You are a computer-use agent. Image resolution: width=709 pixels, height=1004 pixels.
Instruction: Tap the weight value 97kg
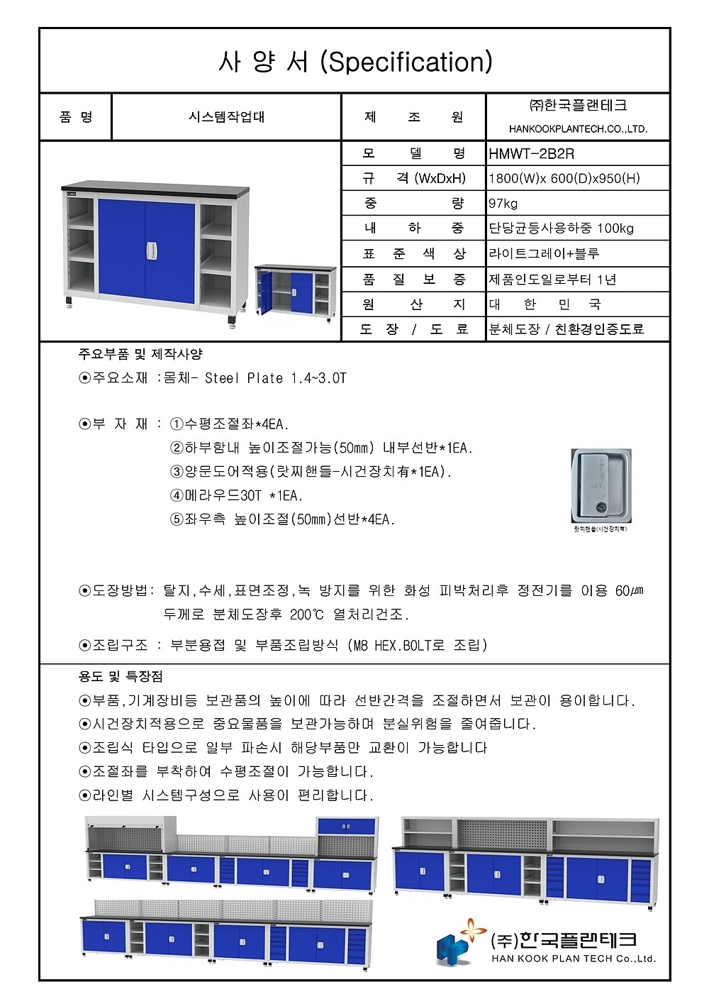pyautogui.click(x=503, y=204)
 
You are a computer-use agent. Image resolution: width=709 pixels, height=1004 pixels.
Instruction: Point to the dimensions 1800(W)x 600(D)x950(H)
pyautogui.click(x=564, y=178)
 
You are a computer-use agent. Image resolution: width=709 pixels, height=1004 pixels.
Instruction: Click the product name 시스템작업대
pyautogui.click(x=226, y=117)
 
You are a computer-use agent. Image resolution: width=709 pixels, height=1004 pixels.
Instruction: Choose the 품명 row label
pyautogui.click(x=76, y=117)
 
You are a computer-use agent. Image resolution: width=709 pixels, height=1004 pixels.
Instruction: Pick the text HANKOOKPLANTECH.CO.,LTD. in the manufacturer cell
pyautogui.click(x=578, y=129)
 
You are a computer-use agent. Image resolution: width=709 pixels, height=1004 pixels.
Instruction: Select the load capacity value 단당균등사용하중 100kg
pyautogui.click(x=562, y=228)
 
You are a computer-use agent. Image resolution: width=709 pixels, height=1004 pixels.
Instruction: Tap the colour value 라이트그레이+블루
pyautogui.click(x=544, y=253)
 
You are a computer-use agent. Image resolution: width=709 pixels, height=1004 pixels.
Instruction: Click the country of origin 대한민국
pyautogui.click(x=545, y=304)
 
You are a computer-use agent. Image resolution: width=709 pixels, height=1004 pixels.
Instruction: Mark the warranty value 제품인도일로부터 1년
pyautogui.click(x=552, y=280)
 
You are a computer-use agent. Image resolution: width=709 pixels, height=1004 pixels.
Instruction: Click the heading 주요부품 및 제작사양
pyautogui.click(x=140, y=354)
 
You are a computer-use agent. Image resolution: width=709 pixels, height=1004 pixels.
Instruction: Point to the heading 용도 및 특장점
pyautogui.click(x=121, y=677)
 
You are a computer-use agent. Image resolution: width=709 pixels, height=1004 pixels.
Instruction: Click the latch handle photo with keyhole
pyautogui.click(x=601, y=485)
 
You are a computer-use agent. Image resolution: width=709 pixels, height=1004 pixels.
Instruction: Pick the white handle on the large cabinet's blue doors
pyautogui.click(x=150, y=250)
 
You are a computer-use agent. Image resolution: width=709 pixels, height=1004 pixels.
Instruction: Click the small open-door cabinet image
pyautogui.click(x=295, y=292)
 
